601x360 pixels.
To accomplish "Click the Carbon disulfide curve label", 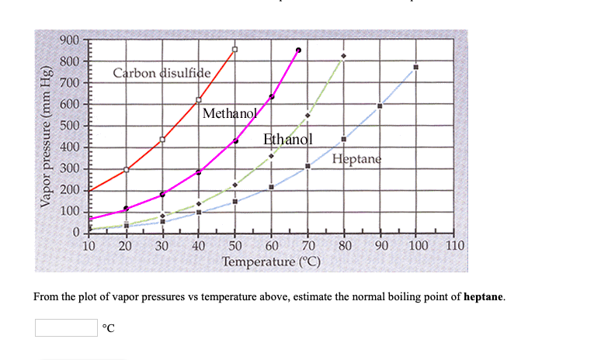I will (x=162, y=74).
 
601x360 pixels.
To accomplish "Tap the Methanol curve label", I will (x=229, y=113).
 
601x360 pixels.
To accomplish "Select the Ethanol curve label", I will (x=288, y=140).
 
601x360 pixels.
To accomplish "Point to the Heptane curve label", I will (x=357, y=160).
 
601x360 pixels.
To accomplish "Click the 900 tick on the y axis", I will (x=70, y=40).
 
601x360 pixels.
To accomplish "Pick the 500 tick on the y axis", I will (x=70, y=126).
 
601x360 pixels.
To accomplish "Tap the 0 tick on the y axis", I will (x=76, y=233).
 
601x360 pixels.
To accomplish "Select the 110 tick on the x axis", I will (x=455, y=247).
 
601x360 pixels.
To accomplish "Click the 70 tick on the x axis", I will (x=308, y=247).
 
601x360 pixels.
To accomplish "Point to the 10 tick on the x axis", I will (x=89, y=247).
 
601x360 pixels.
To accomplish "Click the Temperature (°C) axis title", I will (x=272, y=261).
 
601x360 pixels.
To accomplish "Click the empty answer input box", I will (x=66, y=327).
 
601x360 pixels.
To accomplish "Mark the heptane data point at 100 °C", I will (x=416, y=67).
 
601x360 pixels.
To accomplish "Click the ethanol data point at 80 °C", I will (x=343, y=56).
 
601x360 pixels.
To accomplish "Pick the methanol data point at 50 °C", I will (x=235, y=140).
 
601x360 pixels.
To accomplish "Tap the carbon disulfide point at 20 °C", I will (x=126, y=169).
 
